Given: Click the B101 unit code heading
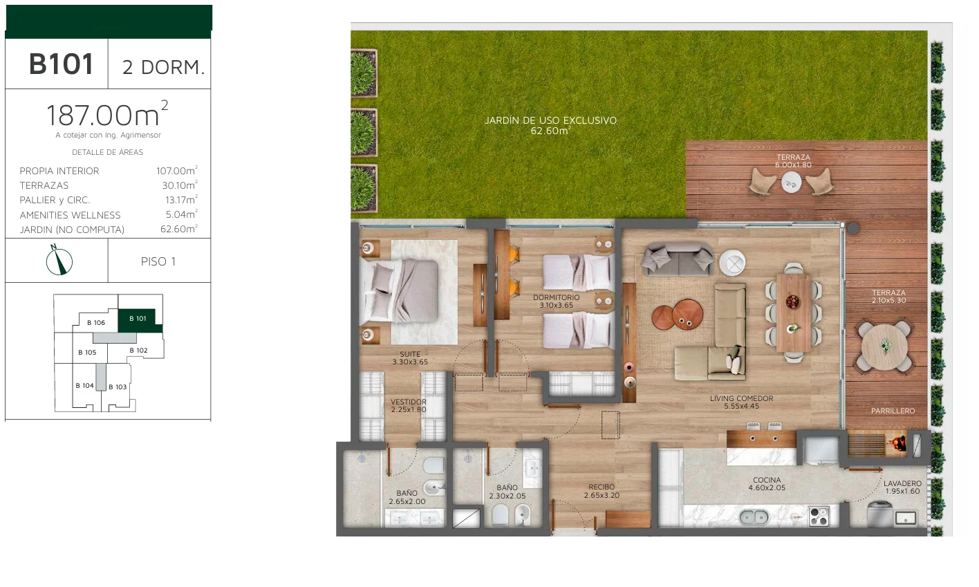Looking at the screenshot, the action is click(61, 64).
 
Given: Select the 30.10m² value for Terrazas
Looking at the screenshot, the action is click(180, 185).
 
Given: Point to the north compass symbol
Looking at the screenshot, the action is click(59, 261).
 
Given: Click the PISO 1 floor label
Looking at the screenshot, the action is click(158, 261).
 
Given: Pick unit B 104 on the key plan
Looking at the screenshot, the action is click(84, 386).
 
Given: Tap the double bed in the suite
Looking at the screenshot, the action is click(399, 291).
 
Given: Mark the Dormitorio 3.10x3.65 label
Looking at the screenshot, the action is click(556, 301).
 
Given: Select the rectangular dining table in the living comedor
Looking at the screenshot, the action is click(794, 313).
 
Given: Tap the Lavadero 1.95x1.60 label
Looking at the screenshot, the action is click(902, 487).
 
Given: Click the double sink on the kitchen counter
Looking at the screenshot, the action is click(754, 517).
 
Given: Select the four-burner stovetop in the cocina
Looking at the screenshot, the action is click(819, 516).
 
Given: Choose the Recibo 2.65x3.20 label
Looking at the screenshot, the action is click(602, 491).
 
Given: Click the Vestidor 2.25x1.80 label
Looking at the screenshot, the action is click(408, 406).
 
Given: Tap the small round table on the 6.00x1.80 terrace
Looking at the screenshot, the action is click(792, 181).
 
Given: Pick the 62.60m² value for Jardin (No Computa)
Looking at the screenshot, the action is click(179, 229).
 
